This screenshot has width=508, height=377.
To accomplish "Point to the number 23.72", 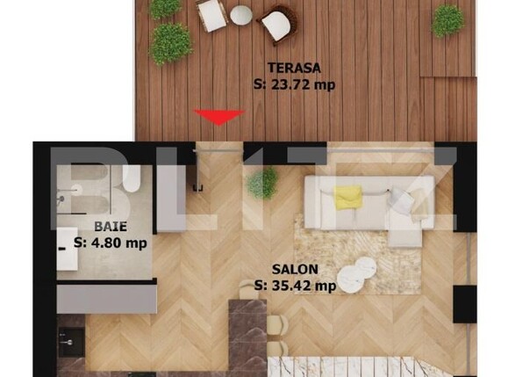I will pyautogui.click(x=297, y=85).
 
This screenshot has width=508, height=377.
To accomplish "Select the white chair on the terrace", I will pyautogui.click(x=213, y=14).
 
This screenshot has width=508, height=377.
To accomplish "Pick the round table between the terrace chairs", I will pyautogui.click(x=240, y=13).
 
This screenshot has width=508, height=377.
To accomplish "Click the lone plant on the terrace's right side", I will pyautogui.click(x=447, y=20).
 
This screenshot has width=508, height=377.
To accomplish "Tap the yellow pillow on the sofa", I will pyautogui.click(x=347, y=198).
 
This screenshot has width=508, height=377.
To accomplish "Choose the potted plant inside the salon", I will pyautogui.click(x=261, y=183).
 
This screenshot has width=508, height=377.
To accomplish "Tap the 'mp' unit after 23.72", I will pyautogui.click(x=327, y=85).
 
